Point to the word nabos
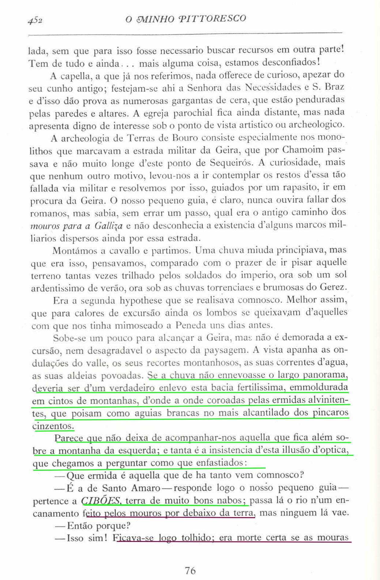pyautogui.click(x=231, y=501)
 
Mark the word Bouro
pyautogui.click(x=185, y=138)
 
